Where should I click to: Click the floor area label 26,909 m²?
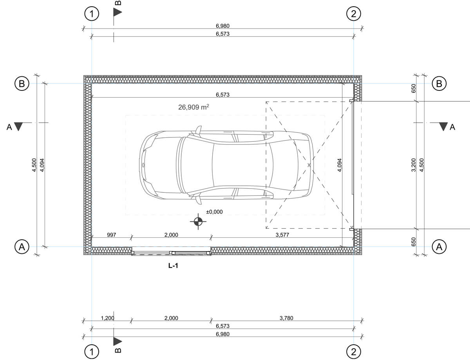193,107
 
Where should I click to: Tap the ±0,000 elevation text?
214,212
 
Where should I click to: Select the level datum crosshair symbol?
198,221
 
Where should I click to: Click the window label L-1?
173,266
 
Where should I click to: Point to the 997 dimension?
111,235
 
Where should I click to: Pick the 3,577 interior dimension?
282,235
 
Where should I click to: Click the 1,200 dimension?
107,318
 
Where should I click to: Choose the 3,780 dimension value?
286,318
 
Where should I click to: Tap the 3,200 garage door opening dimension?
414,165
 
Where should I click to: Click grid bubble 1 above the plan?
92,14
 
